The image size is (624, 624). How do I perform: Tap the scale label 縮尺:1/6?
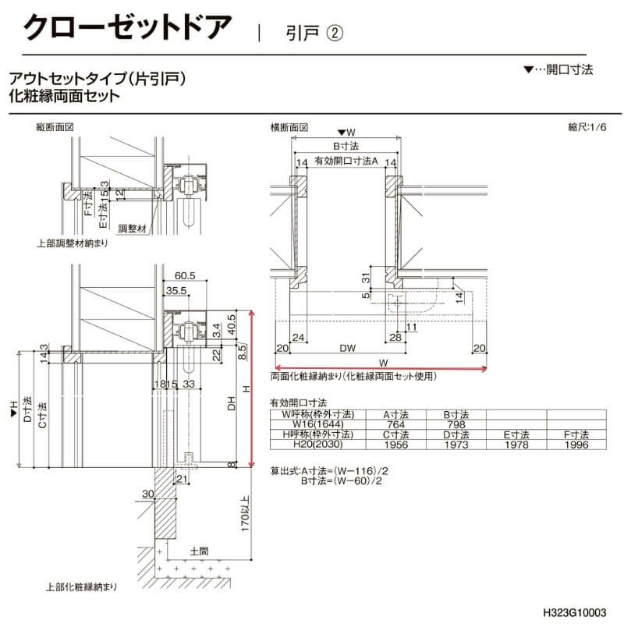586,126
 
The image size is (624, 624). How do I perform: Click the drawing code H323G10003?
575,613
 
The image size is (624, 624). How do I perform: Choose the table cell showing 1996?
578,445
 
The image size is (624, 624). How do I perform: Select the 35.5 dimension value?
176,292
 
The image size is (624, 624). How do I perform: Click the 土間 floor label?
199,551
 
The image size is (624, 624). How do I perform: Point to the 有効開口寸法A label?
346,161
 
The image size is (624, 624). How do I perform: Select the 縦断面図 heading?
55,126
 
